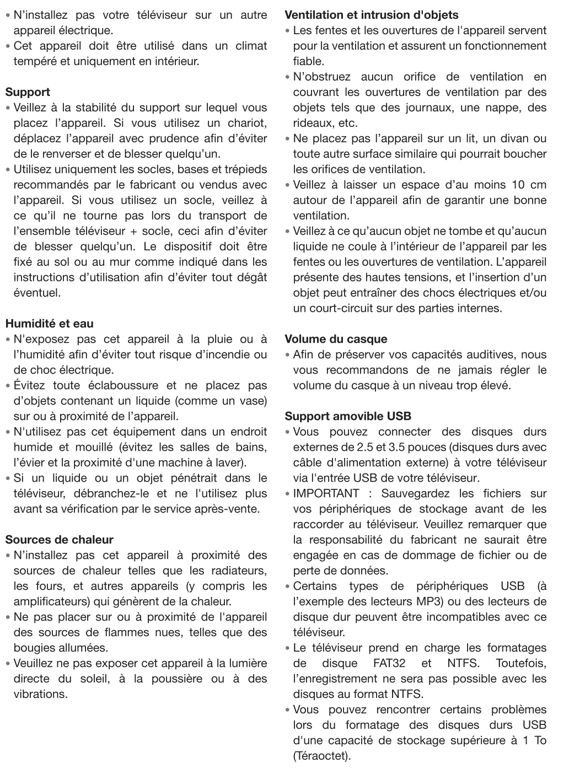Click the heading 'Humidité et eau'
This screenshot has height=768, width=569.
50,324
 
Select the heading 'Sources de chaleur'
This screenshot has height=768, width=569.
59,540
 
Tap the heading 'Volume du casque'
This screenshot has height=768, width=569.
336,339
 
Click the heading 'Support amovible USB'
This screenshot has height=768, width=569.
348,417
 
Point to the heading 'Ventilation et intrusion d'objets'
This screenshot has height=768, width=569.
371,15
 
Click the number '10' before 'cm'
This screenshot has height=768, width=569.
518,185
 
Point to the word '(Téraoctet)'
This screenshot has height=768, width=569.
321,756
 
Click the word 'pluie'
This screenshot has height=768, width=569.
219,339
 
